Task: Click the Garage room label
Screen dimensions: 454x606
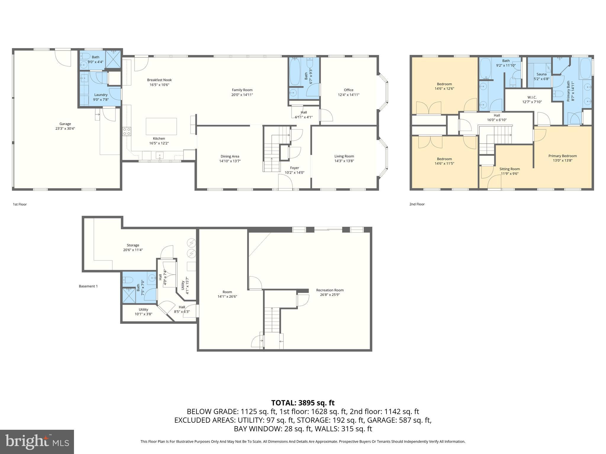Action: point(65,124)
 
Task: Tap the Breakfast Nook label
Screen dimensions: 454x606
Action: point(159,80)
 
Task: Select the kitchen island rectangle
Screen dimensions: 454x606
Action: point(161,126)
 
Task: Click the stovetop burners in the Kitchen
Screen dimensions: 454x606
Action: point(127,131)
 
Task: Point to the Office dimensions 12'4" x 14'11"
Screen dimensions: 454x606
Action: point(349,95)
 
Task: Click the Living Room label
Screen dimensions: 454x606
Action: point(344,156)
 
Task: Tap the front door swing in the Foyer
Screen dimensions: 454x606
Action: point(285,181)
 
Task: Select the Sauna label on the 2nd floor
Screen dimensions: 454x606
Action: point(541,74)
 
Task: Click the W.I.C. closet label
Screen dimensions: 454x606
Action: point(532,97)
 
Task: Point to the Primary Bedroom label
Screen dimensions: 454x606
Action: point(563,156)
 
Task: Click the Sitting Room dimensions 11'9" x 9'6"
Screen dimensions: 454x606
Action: point(509,174)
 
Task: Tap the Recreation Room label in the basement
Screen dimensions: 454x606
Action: point(330,290)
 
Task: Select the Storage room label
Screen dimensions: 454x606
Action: point(133,245)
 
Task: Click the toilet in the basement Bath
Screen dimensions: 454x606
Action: point(127,279)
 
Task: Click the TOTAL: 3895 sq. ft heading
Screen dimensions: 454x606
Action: point(303,403)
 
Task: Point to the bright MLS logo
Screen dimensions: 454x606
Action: point(37,442)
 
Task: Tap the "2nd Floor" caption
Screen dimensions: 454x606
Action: point(417,204)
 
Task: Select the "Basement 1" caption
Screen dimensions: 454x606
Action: point(88,286)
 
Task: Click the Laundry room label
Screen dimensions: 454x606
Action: point(101,95)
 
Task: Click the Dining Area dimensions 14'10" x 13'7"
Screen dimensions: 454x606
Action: point(230,161)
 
